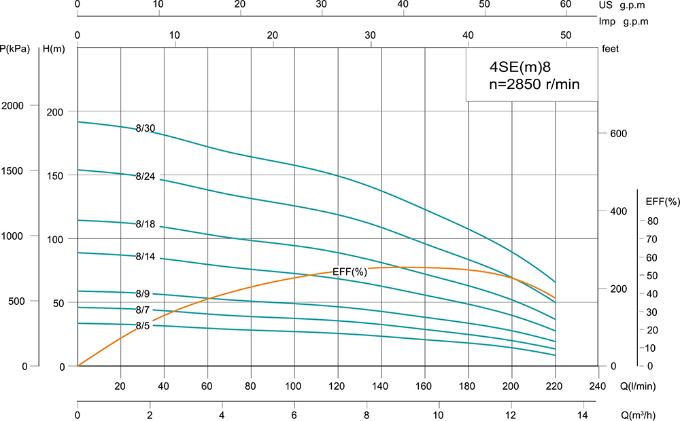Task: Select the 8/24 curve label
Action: pyautogui.click(x=146, y=177)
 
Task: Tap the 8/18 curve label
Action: pyautogui.click(x=146, y=224)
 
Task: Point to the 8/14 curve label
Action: pyautogui.click(x=146, y=257)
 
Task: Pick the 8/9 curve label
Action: pyautogui.click(x=143, y=294)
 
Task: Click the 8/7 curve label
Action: pyautogui.click(x=143, y=310)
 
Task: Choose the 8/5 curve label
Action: pyautogui.click(x=143, y=326)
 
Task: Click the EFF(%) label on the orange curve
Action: pyautogui.click(x=350, y=272)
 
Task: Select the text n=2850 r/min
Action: pyautogui.click(x=534, y=85)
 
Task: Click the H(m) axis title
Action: pyautogui.click(x=54, y=48)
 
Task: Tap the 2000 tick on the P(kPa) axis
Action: pyautogui.click(x=14, y=106)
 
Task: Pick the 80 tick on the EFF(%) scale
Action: pyautogui.click(x=653, y=221)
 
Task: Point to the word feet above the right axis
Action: pyautogui.click(x=611, y=48)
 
